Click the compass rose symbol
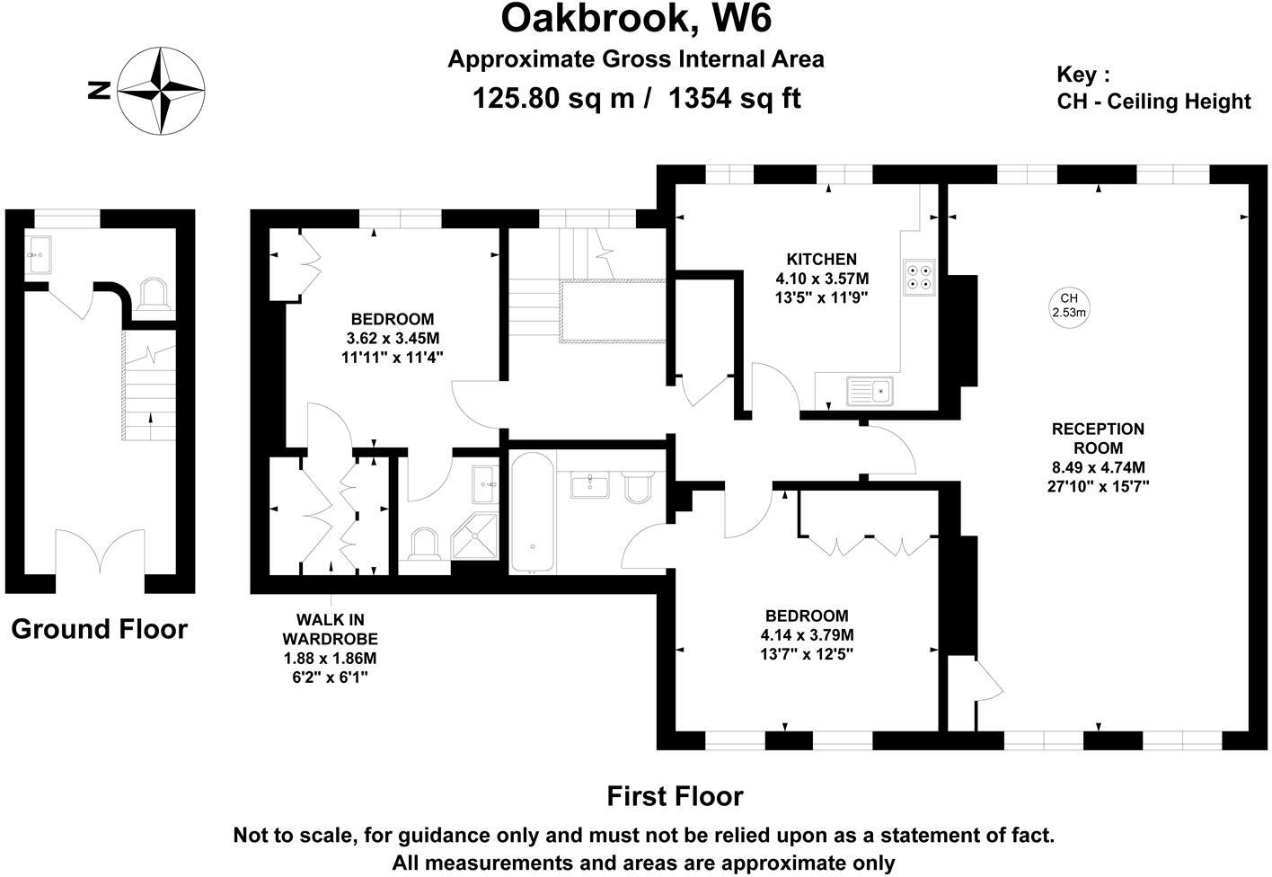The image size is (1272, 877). tap(162, 90)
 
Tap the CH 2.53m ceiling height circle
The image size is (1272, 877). tap(1069, 306)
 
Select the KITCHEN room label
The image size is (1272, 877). tap(821, 260)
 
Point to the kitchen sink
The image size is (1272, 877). tap(869, 392)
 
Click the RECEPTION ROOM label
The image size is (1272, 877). tap(1098, 438)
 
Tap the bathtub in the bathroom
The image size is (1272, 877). tap(533, 512)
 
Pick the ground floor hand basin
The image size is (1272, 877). tap(40, 254)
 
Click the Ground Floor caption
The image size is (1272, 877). tap(99, 629)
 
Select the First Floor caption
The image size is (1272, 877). tap(675, 796)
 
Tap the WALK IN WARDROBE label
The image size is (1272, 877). tap(330, 629)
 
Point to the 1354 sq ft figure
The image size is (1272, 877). tap(734, 97)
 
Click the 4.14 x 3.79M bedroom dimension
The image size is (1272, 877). tap(806, 635)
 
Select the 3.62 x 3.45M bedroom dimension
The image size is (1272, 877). tap(392, 338)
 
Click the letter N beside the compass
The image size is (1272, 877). tap(99, 90)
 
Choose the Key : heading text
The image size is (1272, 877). tap(1083, 75)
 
